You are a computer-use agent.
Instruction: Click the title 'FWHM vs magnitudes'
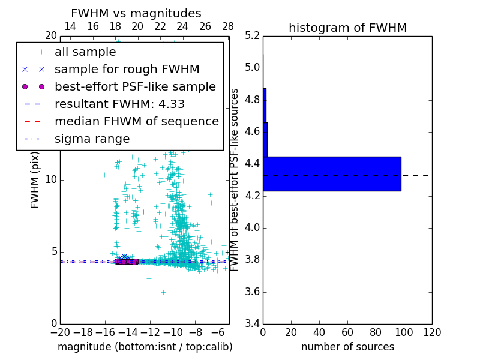pyautogui.click(x=136, y=14)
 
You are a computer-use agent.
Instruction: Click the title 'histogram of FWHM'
pyautogui.click(x=347, y=28)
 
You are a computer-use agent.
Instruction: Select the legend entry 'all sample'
pyautogui.click(x=85, y=52)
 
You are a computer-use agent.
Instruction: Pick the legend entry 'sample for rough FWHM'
pyautogui.click(x=127, y=70)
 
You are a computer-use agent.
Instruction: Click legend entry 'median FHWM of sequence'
pyautogui.click(x=136, y=122)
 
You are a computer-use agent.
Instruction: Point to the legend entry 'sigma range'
pyautogui.click(x=92, y=139)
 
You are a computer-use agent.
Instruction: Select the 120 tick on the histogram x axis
pyautogui.click(x=432, y=332)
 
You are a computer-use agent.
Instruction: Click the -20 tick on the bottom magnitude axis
pyautogui.click(x=60, y=332)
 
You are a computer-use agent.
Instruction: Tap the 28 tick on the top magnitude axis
pyautogui.click(x=228, y=26)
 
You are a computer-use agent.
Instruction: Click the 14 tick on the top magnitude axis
pyautogui.click(x=70, y=26)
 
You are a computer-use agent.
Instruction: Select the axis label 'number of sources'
pyautogui.click(x=347, y=347)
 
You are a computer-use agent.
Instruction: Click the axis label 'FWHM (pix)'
pyautogui.click(x=35, y=179)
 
